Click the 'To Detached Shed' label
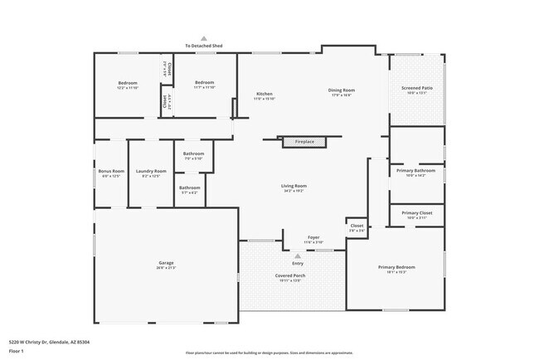click(203, 45)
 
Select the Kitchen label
click(264, 94)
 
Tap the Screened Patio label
click(416, 87)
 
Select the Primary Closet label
click(416, 213)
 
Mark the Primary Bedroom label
click(396, 266)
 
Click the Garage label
click(167, 263)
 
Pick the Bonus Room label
click(110, 171)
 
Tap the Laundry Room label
click(151, 171)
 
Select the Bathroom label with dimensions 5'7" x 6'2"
click(189, 187)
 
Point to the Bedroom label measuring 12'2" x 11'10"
click(127, 83)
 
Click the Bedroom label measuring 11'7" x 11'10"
click(204, 83)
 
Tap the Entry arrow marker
click(298, 255)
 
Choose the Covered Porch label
click(289, 275)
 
